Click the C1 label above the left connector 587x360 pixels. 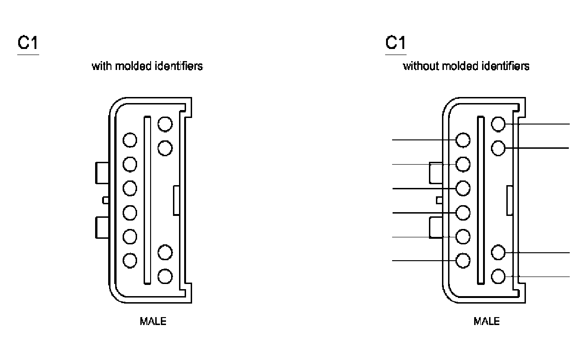coord(28,42)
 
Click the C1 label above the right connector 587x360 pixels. coord(396,42)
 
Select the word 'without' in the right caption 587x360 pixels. coord(421,66)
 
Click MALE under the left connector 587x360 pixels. coord(153,321)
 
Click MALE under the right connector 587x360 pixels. coord(487,321)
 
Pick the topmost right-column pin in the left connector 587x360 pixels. coord(165,124)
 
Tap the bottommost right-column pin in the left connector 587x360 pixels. coord(165,277)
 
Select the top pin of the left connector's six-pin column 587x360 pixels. coord(130,140)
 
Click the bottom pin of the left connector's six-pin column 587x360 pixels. coord(130,260)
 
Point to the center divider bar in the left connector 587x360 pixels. coord(147,200)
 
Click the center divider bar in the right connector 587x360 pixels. coord(481,200)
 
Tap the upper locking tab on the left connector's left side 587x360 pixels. coord(102,173)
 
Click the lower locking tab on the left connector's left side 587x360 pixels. coord(102,228)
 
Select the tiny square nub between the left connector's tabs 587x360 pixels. coord(105,200)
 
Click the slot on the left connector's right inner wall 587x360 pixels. coord(176,201)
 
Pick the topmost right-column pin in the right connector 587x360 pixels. coord(498,124)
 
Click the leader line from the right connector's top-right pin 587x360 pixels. coord(538,124)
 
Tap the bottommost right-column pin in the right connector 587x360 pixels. coord(498,277)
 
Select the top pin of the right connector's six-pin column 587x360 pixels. coord(463,140)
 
